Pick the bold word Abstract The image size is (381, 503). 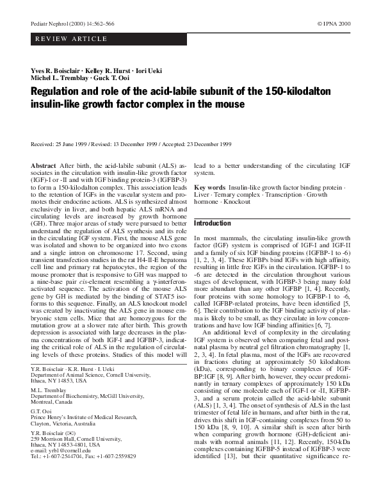point(44,165)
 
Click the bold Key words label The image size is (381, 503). point(209,186)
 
